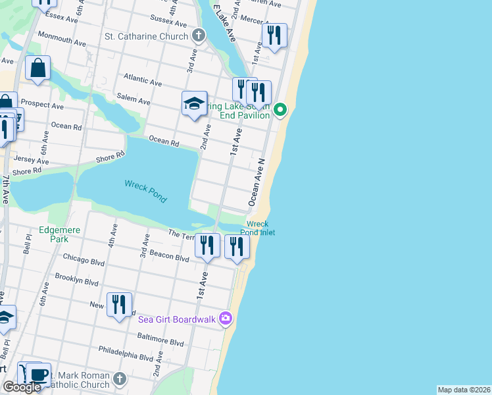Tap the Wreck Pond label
pos(145,191)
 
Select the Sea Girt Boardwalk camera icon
pos(226,319)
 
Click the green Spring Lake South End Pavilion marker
pos(280,109)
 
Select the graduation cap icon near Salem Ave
pos(194,103)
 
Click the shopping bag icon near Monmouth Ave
pos(38,68)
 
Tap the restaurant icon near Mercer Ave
pos(274,35)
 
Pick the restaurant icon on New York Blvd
pos(119,304)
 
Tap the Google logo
pos(22,387)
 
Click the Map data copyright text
pos(464,390)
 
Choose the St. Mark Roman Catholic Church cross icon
pos(119,379)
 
